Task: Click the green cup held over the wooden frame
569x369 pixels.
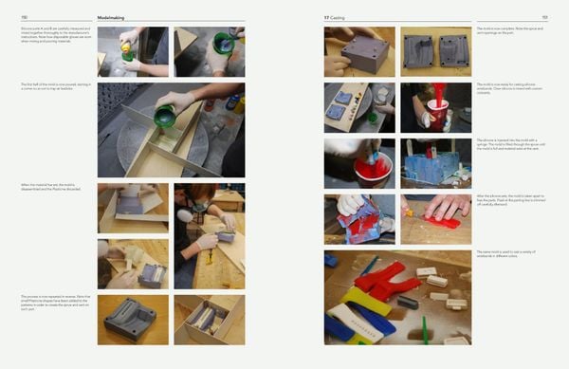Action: point(164,117)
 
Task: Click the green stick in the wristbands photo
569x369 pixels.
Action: point(425,332)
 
